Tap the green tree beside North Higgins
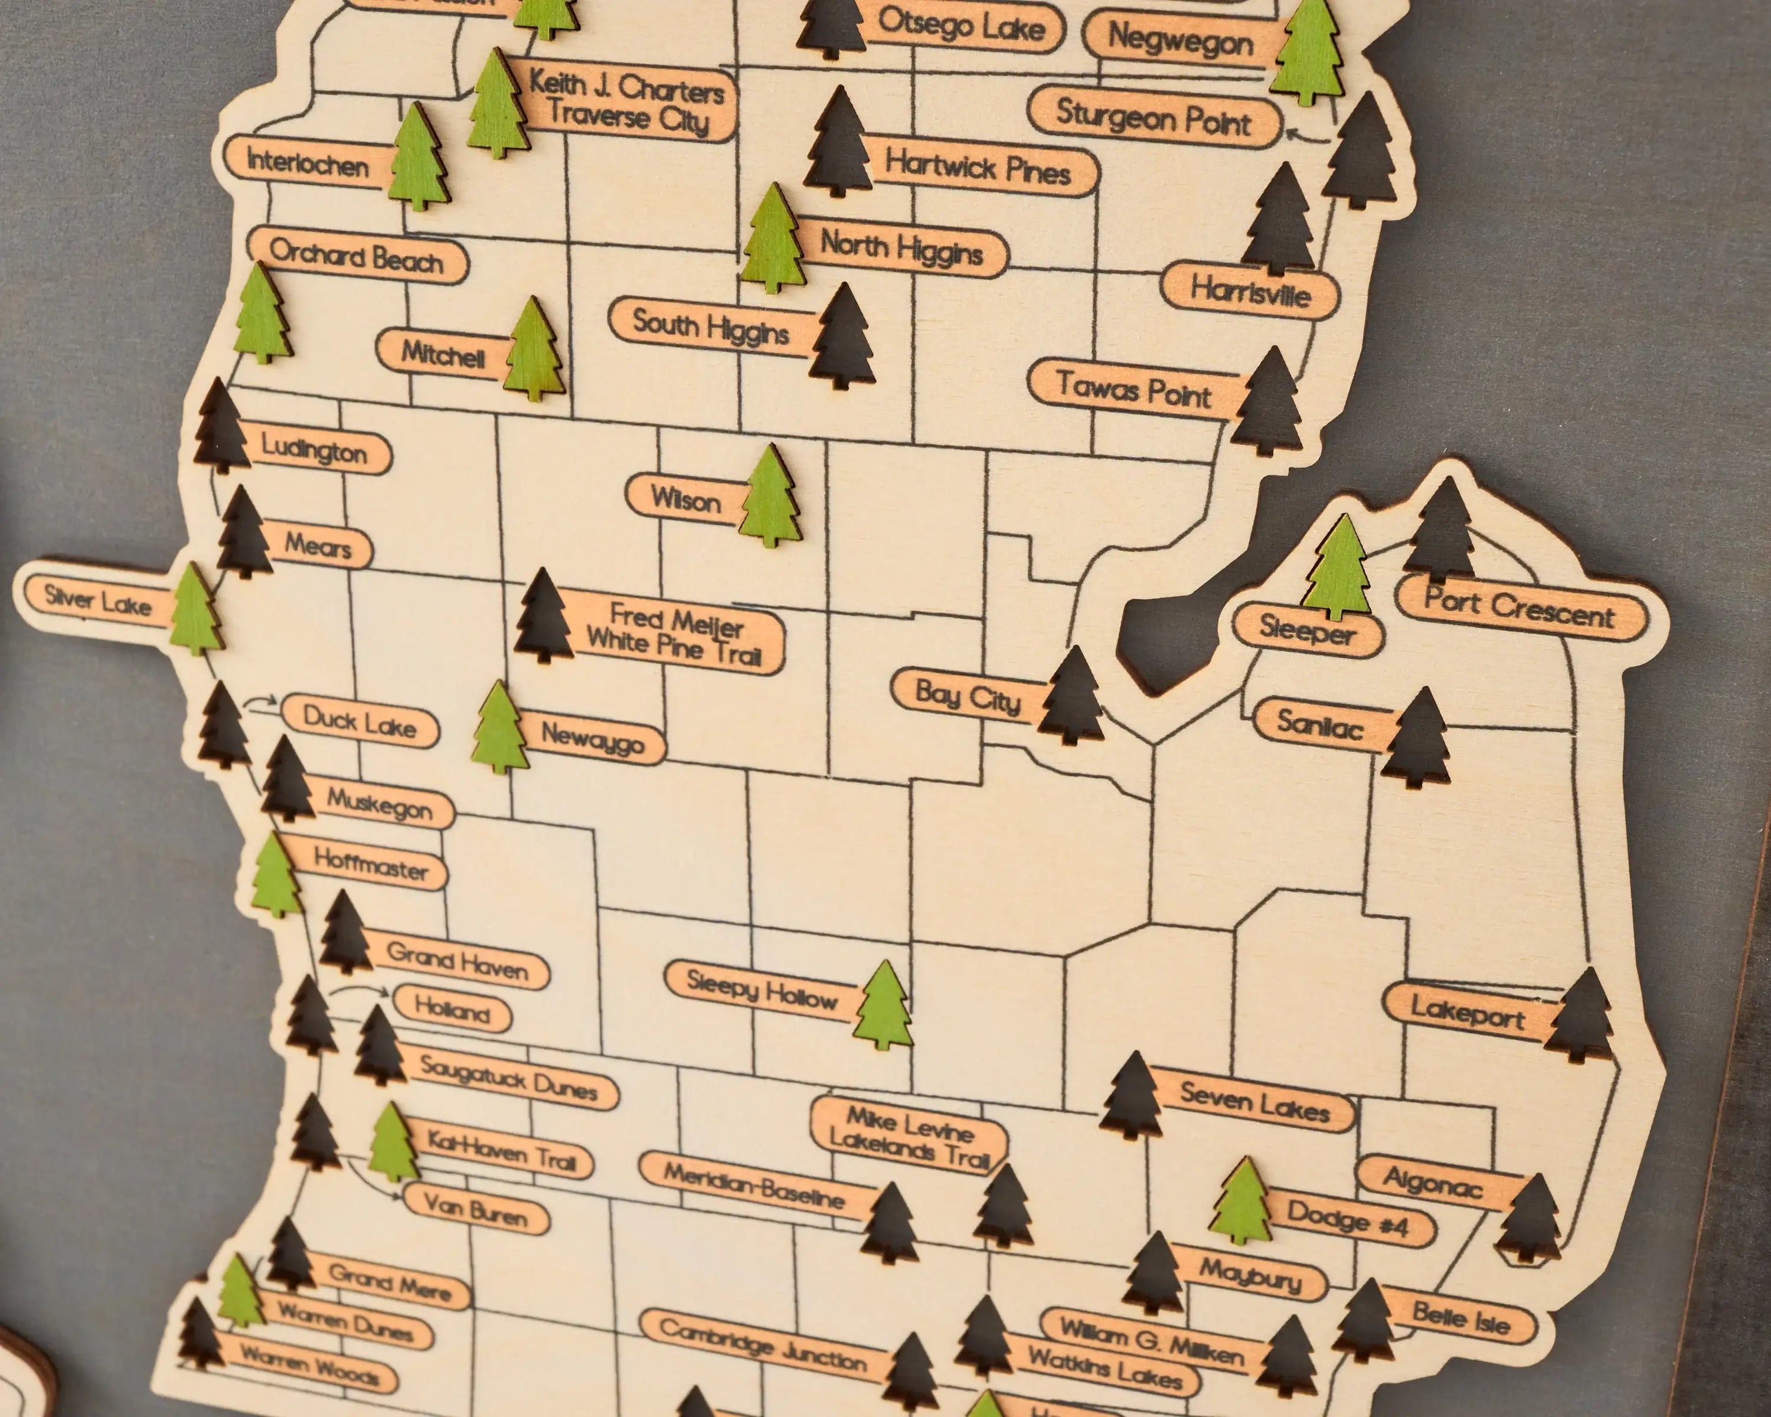click(772, 239)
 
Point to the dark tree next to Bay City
click(1071, 697)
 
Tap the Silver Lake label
click(97, 600)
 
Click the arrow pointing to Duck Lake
click(261, 703)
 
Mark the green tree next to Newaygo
click(500, 728)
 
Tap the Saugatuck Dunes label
click(508, 1077)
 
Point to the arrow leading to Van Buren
click(375, 1179)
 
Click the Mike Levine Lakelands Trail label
click(909, 1136)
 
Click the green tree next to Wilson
click(770, 497)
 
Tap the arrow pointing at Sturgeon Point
click(1306, 136)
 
